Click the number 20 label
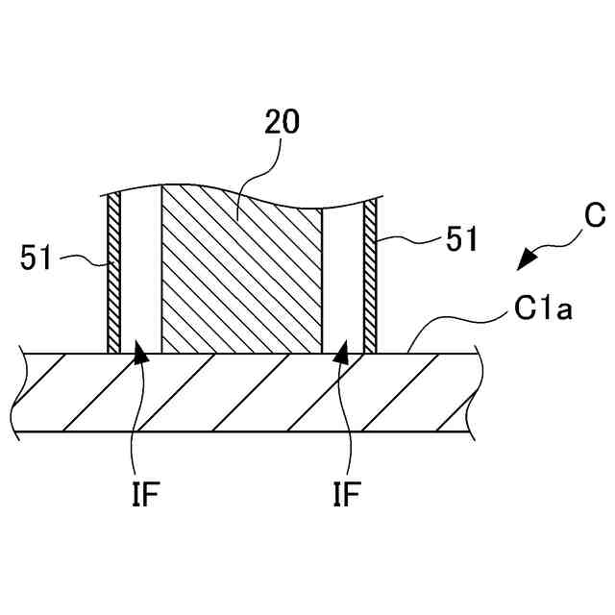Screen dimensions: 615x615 point(282,121)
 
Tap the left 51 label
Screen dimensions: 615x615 point(38,258)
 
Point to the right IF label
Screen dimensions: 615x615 point(346,495)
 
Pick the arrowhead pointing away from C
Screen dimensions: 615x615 point(526,259)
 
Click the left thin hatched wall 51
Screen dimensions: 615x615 point(112,274)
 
